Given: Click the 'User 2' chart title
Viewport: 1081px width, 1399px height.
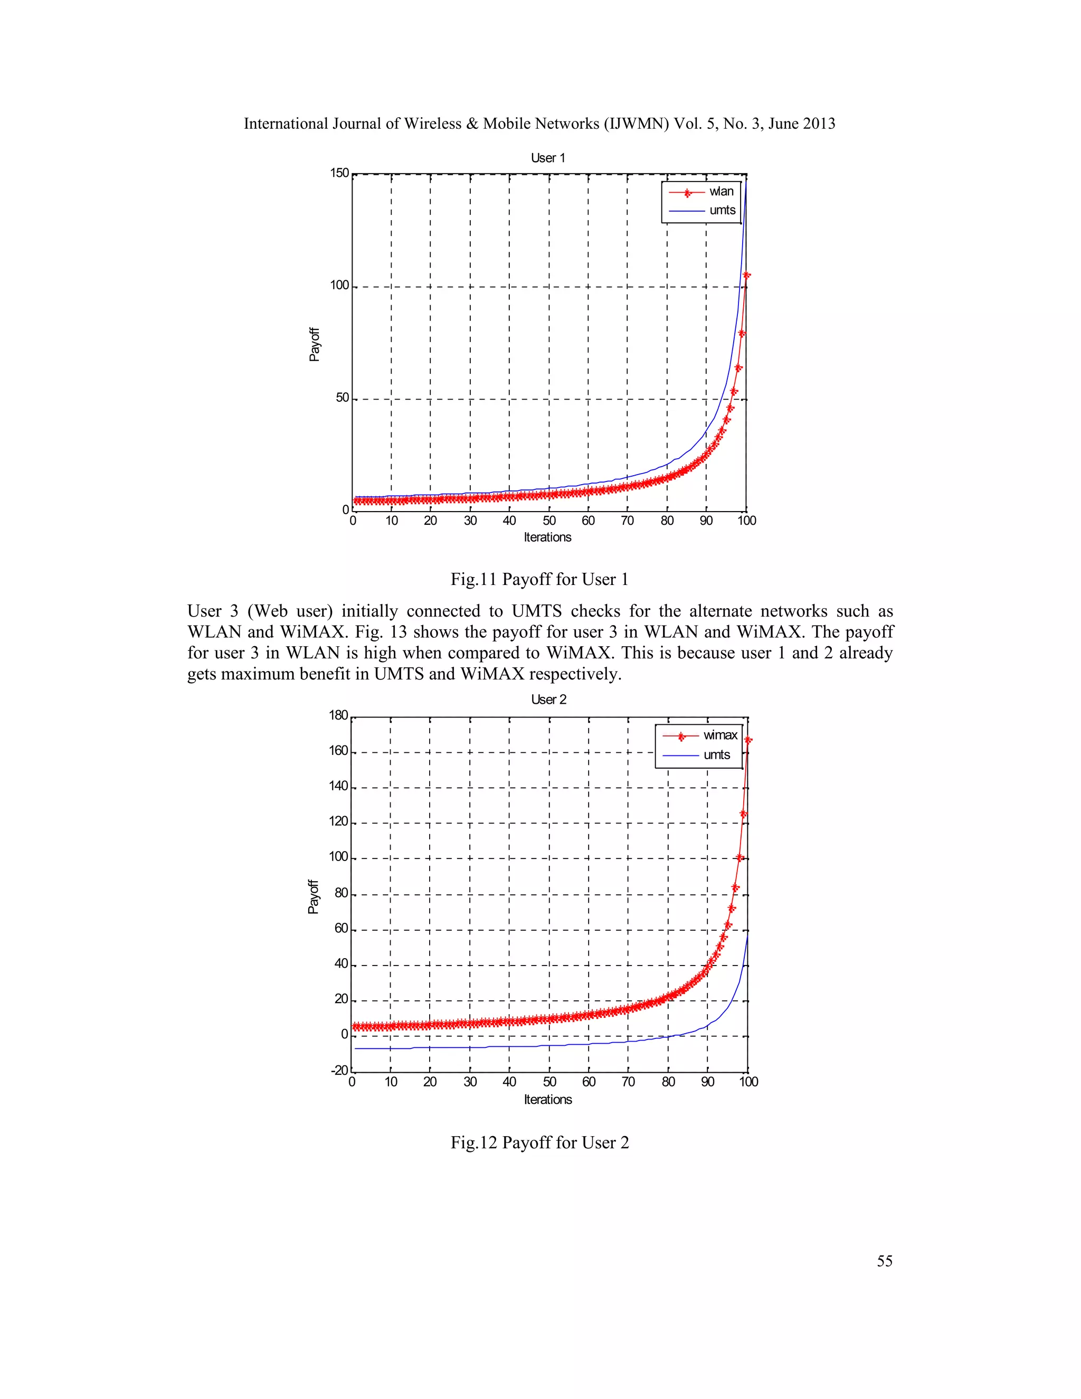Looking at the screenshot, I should tap(548, 699).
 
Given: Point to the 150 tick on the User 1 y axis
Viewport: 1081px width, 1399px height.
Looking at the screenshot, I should tap(339, 173).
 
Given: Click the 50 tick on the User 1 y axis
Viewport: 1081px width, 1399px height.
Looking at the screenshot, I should tap(343, 398).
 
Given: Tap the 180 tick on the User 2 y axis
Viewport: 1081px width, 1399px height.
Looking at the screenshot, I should tap(338, 715).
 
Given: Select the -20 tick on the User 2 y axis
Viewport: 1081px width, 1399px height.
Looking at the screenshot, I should tap(339, 1071).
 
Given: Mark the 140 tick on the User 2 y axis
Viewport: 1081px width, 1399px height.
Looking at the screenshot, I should tap(338, 787).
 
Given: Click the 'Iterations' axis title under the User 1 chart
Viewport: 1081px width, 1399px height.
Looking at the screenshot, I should tap(547, 537).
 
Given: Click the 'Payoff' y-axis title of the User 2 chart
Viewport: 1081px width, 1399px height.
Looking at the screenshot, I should tap(313, 896).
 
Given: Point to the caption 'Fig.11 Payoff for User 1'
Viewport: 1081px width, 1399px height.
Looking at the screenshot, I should tap(539, 580).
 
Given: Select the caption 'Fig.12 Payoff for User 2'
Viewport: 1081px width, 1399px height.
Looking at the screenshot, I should tap(539, 1143).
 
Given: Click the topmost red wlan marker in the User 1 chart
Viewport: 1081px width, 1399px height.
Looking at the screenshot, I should tap(746, 276).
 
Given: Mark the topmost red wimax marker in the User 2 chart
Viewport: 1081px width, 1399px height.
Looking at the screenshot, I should tap(747, 741).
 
